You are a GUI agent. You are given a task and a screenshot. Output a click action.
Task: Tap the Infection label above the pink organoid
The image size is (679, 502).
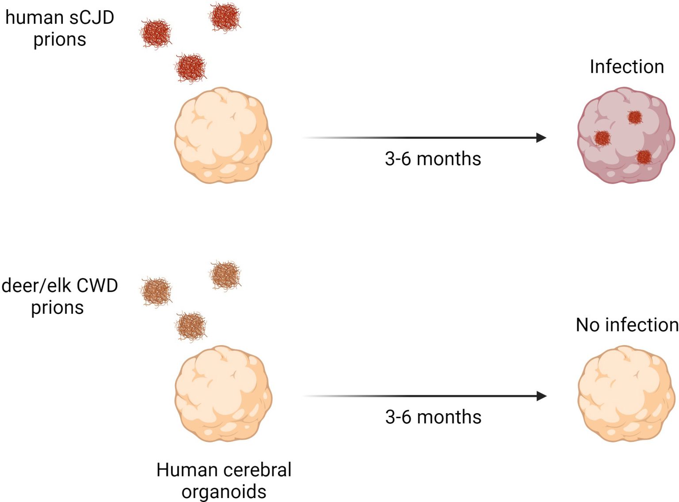click(x=626, y=67)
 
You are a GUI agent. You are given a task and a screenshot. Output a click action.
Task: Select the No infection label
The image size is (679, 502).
click(x=627, y=325)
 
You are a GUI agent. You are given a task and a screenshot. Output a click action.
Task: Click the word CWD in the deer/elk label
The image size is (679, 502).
click(x=97, y=286)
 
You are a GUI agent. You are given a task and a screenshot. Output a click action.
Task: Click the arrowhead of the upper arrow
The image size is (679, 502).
click(x=541, y=137)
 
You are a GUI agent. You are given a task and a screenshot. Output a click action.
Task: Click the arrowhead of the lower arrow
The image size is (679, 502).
click(x=541, y=396)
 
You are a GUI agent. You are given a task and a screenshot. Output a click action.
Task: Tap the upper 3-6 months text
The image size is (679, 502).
click(x=433, y=159)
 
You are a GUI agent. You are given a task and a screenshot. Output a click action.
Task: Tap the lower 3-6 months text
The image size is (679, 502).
click(x=433, y=417)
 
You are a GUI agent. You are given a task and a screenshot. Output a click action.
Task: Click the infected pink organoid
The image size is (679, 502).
click(x=625, y=135)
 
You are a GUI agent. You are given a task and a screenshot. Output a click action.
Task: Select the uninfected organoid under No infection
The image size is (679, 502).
click(x=625, y=394)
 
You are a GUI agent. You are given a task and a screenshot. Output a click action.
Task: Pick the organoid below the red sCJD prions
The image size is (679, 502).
click(x=223, y=135)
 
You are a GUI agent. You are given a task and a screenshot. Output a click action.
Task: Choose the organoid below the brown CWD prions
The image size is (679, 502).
click(x=223, y=394)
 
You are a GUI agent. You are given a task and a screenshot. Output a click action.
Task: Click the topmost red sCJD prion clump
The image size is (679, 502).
click(x=225, y=17)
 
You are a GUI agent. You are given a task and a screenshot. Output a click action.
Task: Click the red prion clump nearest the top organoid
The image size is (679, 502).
click(x=191, y=68)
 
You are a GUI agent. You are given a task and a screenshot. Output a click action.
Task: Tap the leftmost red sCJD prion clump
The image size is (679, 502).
click(x=156, y=34)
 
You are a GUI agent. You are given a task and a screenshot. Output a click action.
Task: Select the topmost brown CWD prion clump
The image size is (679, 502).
click(x=225, y=275)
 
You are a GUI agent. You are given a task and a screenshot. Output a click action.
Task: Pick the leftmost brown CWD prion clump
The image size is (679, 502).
click(x=156, y=292)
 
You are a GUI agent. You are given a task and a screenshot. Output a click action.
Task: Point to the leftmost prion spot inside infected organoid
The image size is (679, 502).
click(x=602, y=138)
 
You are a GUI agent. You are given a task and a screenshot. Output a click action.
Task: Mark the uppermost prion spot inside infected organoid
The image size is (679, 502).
click(x=635, y=117)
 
